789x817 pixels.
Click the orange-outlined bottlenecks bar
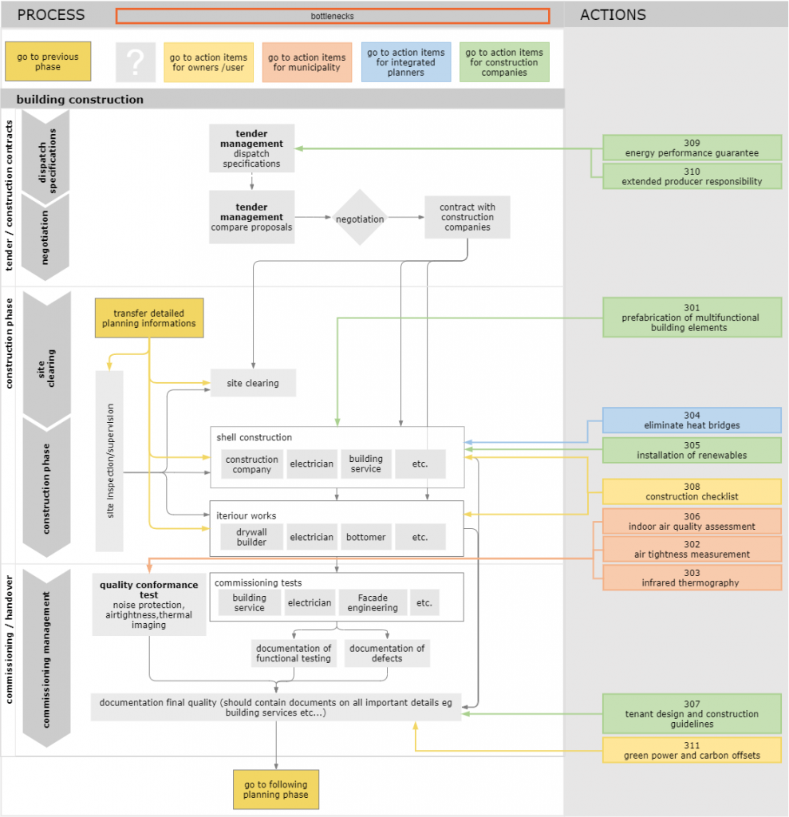coord(333,16)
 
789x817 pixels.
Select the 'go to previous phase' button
coord(48,62)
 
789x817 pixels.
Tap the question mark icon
coord(136,62)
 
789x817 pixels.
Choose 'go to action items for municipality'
coord(307,62)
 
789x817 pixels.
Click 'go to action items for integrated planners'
coord(406,62)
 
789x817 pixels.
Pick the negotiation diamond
coord(360,219)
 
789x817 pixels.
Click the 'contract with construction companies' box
coord(467,217)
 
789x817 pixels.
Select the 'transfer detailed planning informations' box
coord(149,318)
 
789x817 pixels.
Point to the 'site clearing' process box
coord(253,383)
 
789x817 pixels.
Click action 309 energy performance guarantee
coord(692,148)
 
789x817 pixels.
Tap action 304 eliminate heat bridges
coord(692,420)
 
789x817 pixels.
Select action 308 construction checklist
coord(692,491)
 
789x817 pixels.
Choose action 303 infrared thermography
coord(692,578)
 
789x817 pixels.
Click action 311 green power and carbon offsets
coord(692,750)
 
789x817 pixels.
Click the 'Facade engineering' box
coord(372,602)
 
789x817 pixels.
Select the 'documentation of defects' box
coord(387,653)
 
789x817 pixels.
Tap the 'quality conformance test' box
coord(149,605)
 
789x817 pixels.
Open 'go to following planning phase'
coord(276,790)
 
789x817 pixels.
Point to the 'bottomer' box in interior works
coord(365,537)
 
